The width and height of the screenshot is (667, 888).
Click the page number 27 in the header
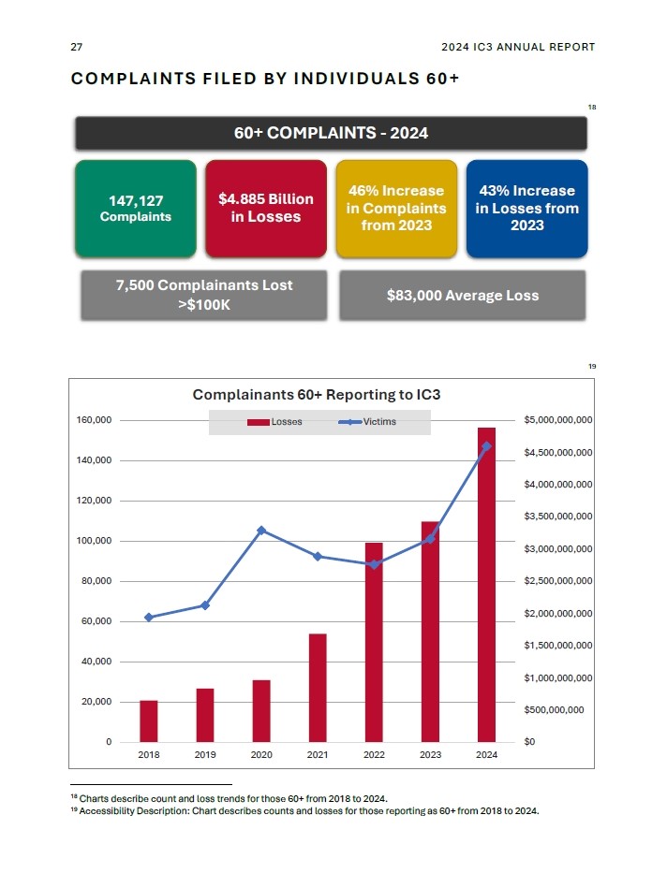point(77,47)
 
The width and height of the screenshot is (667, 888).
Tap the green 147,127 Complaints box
point(136,208)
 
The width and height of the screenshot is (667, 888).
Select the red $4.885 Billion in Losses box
point(265,208)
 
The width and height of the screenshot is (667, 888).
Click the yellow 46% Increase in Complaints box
point(396,208)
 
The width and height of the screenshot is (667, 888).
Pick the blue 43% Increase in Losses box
point(526,208)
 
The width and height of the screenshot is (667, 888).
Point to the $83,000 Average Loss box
point(462,296)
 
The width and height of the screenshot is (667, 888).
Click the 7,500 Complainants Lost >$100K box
point(204,295)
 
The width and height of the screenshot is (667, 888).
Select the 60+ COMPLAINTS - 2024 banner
point(331,133)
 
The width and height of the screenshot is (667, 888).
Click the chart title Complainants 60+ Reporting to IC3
point(317,395)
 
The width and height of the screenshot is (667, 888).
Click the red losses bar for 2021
point(318,688)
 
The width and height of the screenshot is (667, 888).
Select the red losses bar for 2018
point(149,721)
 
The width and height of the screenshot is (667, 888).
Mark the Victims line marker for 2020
point(261,531)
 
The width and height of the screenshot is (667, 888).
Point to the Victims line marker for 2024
point(486,446)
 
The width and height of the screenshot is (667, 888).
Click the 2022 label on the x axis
point(374,755)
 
